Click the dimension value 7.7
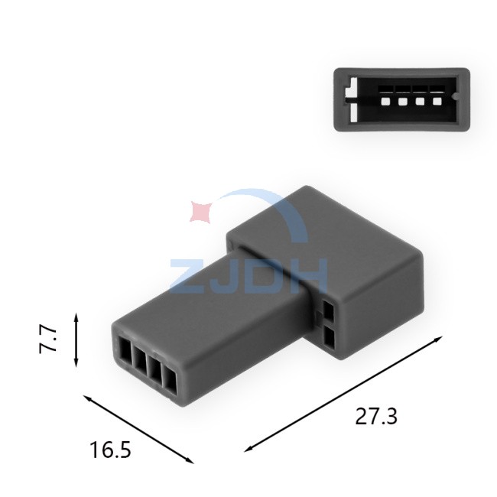48,339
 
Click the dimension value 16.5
110,450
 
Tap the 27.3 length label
376,416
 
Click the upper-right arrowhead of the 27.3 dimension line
438,339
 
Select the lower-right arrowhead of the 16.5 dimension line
190,461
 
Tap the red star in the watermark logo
201,211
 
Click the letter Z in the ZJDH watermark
188,275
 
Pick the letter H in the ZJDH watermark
308,275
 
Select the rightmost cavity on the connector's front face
171,382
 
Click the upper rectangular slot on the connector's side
328,310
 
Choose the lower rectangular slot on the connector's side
330,338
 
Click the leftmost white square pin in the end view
385,102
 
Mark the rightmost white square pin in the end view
437,102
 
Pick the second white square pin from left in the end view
402,102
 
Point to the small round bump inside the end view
456,96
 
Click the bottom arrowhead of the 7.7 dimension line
76,363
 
